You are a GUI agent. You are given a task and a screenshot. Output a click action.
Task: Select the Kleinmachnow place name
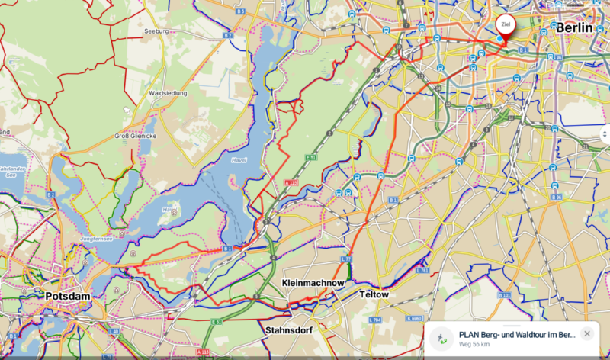click(x=313, y=283)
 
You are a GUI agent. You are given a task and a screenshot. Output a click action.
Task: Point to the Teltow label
click(x=374, y=294)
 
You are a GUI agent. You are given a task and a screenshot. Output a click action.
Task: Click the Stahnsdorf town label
click(x=291, y=331)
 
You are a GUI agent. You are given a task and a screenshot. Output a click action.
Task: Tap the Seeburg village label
click(x=156, y=31)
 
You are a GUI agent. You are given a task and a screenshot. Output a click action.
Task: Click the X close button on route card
click(x=586, y=334)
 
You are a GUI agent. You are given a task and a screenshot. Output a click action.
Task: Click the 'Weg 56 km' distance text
click(x=475, y=344)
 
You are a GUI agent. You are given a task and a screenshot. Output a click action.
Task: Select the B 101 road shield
click(x=503, y=294)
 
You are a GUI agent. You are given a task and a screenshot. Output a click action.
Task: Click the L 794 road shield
click(x=374, y=320)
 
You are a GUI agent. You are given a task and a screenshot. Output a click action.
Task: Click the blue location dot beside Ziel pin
click(x=499, y=38)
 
